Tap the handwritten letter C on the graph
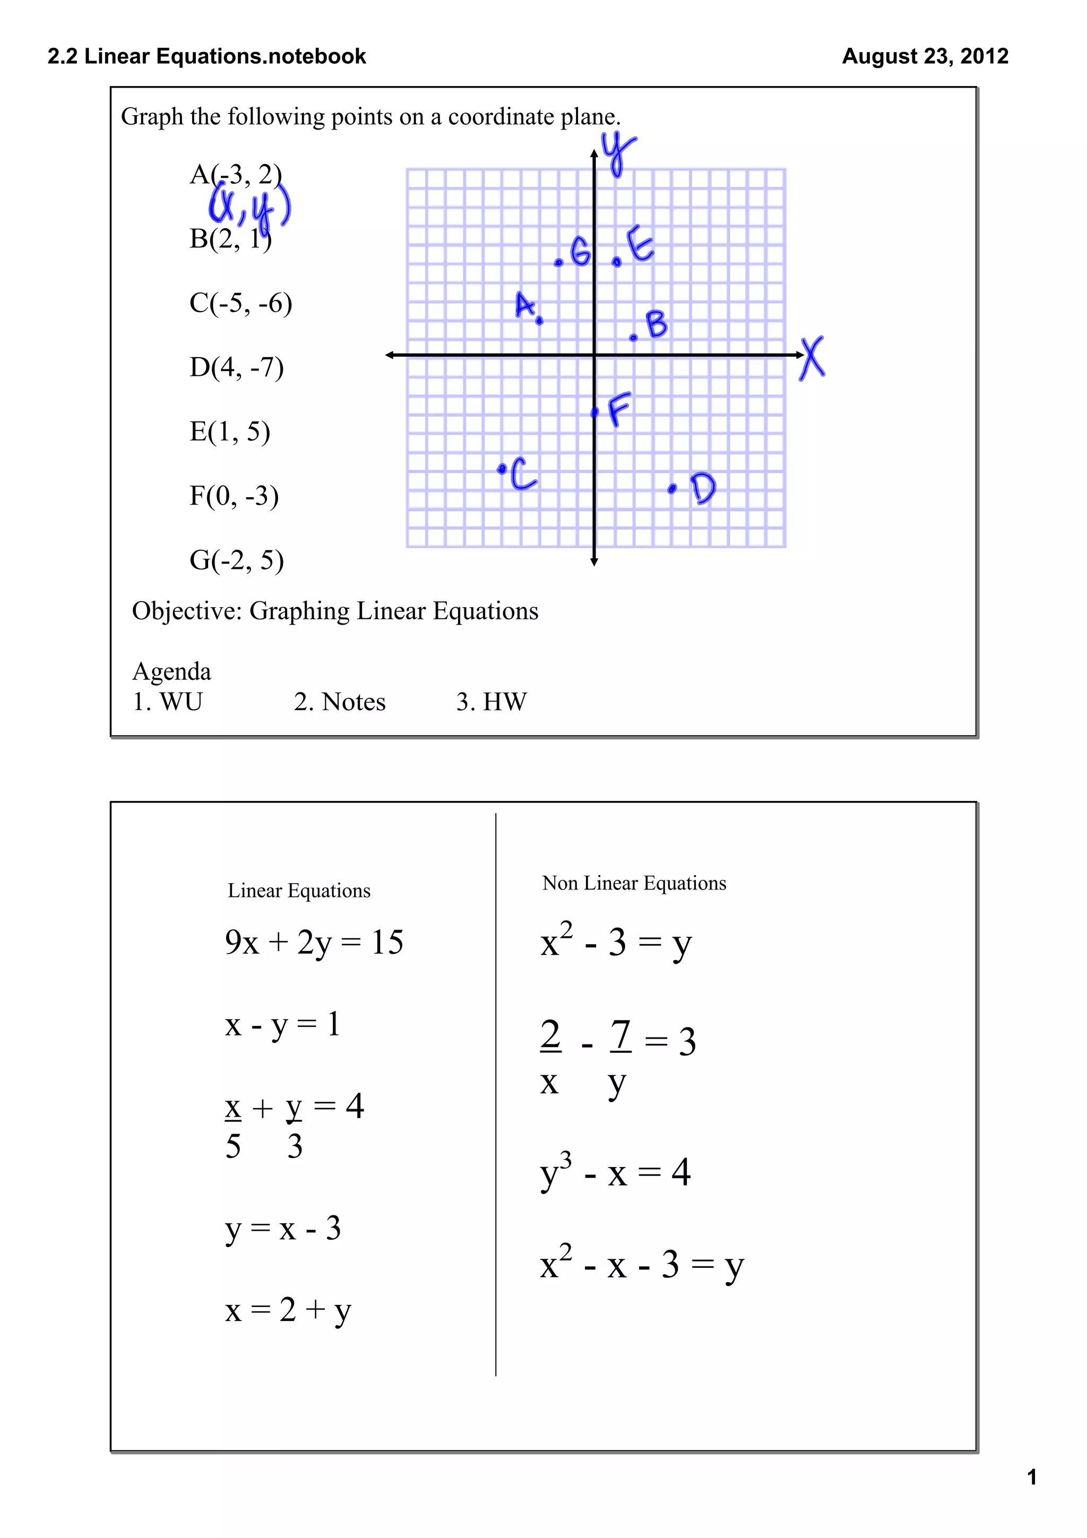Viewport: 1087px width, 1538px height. click(523, 474)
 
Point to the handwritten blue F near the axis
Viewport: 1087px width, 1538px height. click(619, 409)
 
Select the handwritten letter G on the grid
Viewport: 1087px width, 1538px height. click(580, 253)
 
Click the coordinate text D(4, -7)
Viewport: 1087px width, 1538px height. click(236, 367)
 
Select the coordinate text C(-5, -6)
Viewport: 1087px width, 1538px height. click(240, 303)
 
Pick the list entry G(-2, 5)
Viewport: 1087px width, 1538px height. click(236, 560)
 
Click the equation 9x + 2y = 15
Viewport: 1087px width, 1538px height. click(314, 943)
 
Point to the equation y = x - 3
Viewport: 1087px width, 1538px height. click(283, 1229)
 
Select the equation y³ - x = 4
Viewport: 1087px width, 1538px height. click(615, 1172)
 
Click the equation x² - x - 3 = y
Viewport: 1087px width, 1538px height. click(642, 1265)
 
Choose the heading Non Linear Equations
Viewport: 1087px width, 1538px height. click(634, 883)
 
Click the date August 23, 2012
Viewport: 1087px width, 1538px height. click(924, 56)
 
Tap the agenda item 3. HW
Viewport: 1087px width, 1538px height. click(491, 702)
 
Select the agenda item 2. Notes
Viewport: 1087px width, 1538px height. click(340, 702)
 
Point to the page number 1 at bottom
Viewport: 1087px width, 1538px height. click(1031, 1476)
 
